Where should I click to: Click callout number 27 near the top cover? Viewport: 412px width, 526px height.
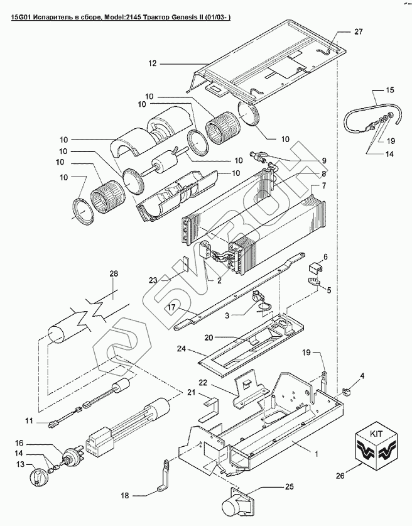[359, 31]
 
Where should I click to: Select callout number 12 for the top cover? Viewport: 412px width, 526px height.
[153, 63]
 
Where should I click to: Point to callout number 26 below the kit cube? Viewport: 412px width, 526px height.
[340, 475]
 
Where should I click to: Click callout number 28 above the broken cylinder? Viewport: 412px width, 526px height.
[114, 273]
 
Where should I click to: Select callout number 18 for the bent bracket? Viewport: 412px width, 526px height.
[125, 495]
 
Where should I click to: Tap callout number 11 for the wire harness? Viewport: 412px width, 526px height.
[30, 420]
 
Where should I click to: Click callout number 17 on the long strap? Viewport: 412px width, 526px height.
[171, 307]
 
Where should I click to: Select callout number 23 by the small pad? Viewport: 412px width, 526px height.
[153, 280]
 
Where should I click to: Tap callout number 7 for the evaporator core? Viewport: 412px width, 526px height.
[324, 185]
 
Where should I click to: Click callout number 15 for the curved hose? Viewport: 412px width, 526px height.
[390, 90]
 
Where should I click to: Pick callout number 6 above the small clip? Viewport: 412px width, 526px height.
[325, 257]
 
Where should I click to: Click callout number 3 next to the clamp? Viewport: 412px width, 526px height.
[227, 315]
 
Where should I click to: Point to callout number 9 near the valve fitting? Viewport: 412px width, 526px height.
[324, 160]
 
